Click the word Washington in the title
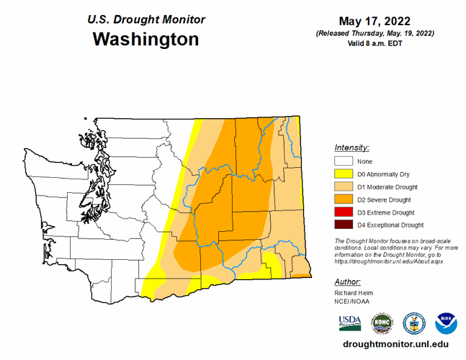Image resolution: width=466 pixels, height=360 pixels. pos(145,39)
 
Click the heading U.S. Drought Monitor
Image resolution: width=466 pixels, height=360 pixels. pos(146,19)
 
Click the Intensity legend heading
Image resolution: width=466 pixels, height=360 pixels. pos(352,146)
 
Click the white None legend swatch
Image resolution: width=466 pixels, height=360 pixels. pos(344,161)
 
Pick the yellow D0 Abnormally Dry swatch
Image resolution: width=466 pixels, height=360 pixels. pos(344,174)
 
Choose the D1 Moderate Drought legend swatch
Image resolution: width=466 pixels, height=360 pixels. pos(344,187)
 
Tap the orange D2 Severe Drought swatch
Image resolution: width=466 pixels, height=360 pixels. pos(344,200)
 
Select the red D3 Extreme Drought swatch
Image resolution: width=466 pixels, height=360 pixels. pos(344,213)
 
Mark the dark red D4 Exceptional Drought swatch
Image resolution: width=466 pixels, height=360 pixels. pos(344,225)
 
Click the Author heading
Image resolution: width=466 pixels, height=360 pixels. pos(348,282)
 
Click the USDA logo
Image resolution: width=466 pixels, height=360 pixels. pos(350,323)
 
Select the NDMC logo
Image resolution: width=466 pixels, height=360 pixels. pos(382,323)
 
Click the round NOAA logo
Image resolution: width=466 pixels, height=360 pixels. pos(446,323)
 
